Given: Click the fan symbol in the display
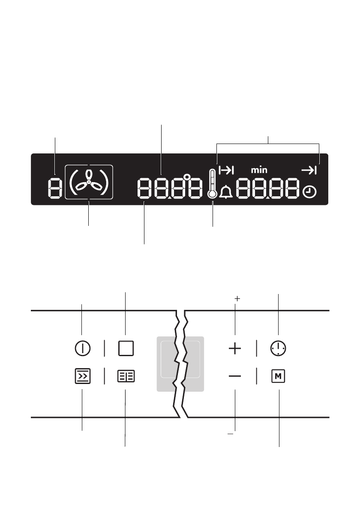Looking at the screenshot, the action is tap(88, 182).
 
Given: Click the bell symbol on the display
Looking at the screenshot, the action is tap(225, 192).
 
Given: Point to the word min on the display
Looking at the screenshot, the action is tap(259, 170).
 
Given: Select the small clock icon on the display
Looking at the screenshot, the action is tap(309, 192).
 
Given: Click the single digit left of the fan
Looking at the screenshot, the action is tap(55, 189).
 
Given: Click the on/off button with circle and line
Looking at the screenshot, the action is tap(83, 348).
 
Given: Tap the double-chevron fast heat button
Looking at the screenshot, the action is tap(83, 376).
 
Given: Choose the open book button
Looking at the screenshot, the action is tap(126, 376).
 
